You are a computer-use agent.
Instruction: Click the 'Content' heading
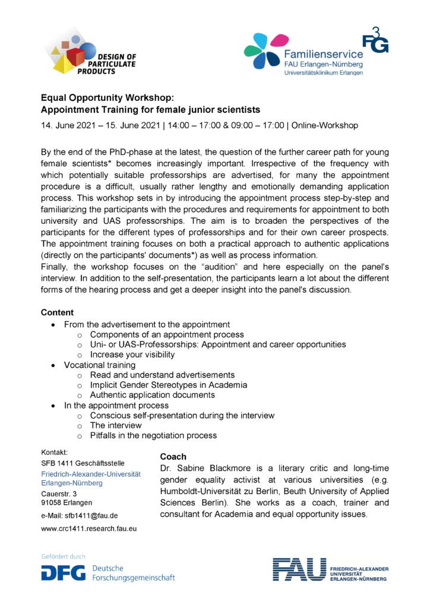(x=57, y=312)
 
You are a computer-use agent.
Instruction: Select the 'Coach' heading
(x=173, y=457)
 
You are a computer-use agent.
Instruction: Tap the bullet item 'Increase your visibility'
(x=132, y=354)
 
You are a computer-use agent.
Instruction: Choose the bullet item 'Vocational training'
(x=100, y=365)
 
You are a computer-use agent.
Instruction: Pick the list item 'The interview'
(x=116, y=425)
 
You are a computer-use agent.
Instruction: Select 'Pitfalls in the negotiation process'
(x=153, y=435)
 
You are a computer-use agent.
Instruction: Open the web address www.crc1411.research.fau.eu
(x=89, y=528)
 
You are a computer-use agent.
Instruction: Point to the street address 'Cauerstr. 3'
(x=59, y=493)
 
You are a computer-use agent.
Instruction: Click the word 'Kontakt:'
(x=55, y=452)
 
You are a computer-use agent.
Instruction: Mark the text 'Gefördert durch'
(x=63, y=556)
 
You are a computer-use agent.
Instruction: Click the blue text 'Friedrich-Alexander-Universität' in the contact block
(x=90, y=474)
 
